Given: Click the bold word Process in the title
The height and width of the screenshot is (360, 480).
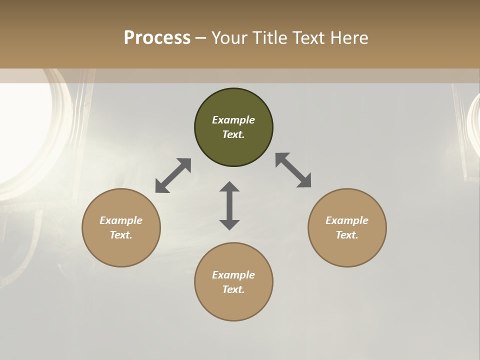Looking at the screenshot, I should pyautogui.click(x=157, y=38).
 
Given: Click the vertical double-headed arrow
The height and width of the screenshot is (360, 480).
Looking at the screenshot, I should pyautogui.click(x=229, y=205).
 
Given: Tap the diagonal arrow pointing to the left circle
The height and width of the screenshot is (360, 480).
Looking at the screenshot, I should pyautogui.click(x=173, y=175).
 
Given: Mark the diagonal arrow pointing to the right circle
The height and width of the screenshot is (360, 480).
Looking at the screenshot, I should pyautogui.click(x=293, y=170).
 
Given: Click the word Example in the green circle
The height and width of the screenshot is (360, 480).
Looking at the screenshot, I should pyautogui.click(x=233, y=120).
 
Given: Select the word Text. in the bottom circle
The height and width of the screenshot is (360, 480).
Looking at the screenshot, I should pyautogui.click(x=233, y=289).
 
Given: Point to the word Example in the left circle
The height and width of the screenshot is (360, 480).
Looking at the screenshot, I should pyautogui.click(x=121, y=220).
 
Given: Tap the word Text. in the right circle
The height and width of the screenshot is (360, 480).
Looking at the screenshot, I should pyautogui.click(x=347, y=235).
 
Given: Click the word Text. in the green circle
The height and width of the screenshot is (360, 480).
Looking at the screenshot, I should pyautogui.click(x=233, y=134).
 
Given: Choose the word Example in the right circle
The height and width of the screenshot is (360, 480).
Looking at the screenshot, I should pyautogui.click(x=347, y=220).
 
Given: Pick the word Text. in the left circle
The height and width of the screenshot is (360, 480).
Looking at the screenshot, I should pyautogui.click(x=121, y=235).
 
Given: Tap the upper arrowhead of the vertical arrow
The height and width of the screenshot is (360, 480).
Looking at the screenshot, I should pyautogui.click(x=229, y=187).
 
